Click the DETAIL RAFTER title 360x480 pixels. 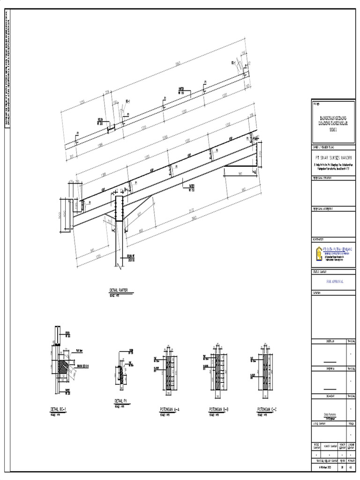coord(118,291)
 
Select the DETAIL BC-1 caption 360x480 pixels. coord(59,409)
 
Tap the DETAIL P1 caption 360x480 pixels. coord(120,401)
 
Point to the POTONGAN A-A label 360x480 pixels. coord(170,409)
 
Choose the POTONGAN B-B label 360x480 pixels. coord(219,409)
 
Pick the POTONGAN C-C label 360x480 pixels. coord(267,409)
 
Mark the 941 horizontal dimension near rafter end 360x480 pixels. coord(240,173)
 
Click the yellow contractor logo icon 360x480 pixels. coord(319,254)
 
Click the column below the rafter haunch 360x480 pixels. coord(119,234)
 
